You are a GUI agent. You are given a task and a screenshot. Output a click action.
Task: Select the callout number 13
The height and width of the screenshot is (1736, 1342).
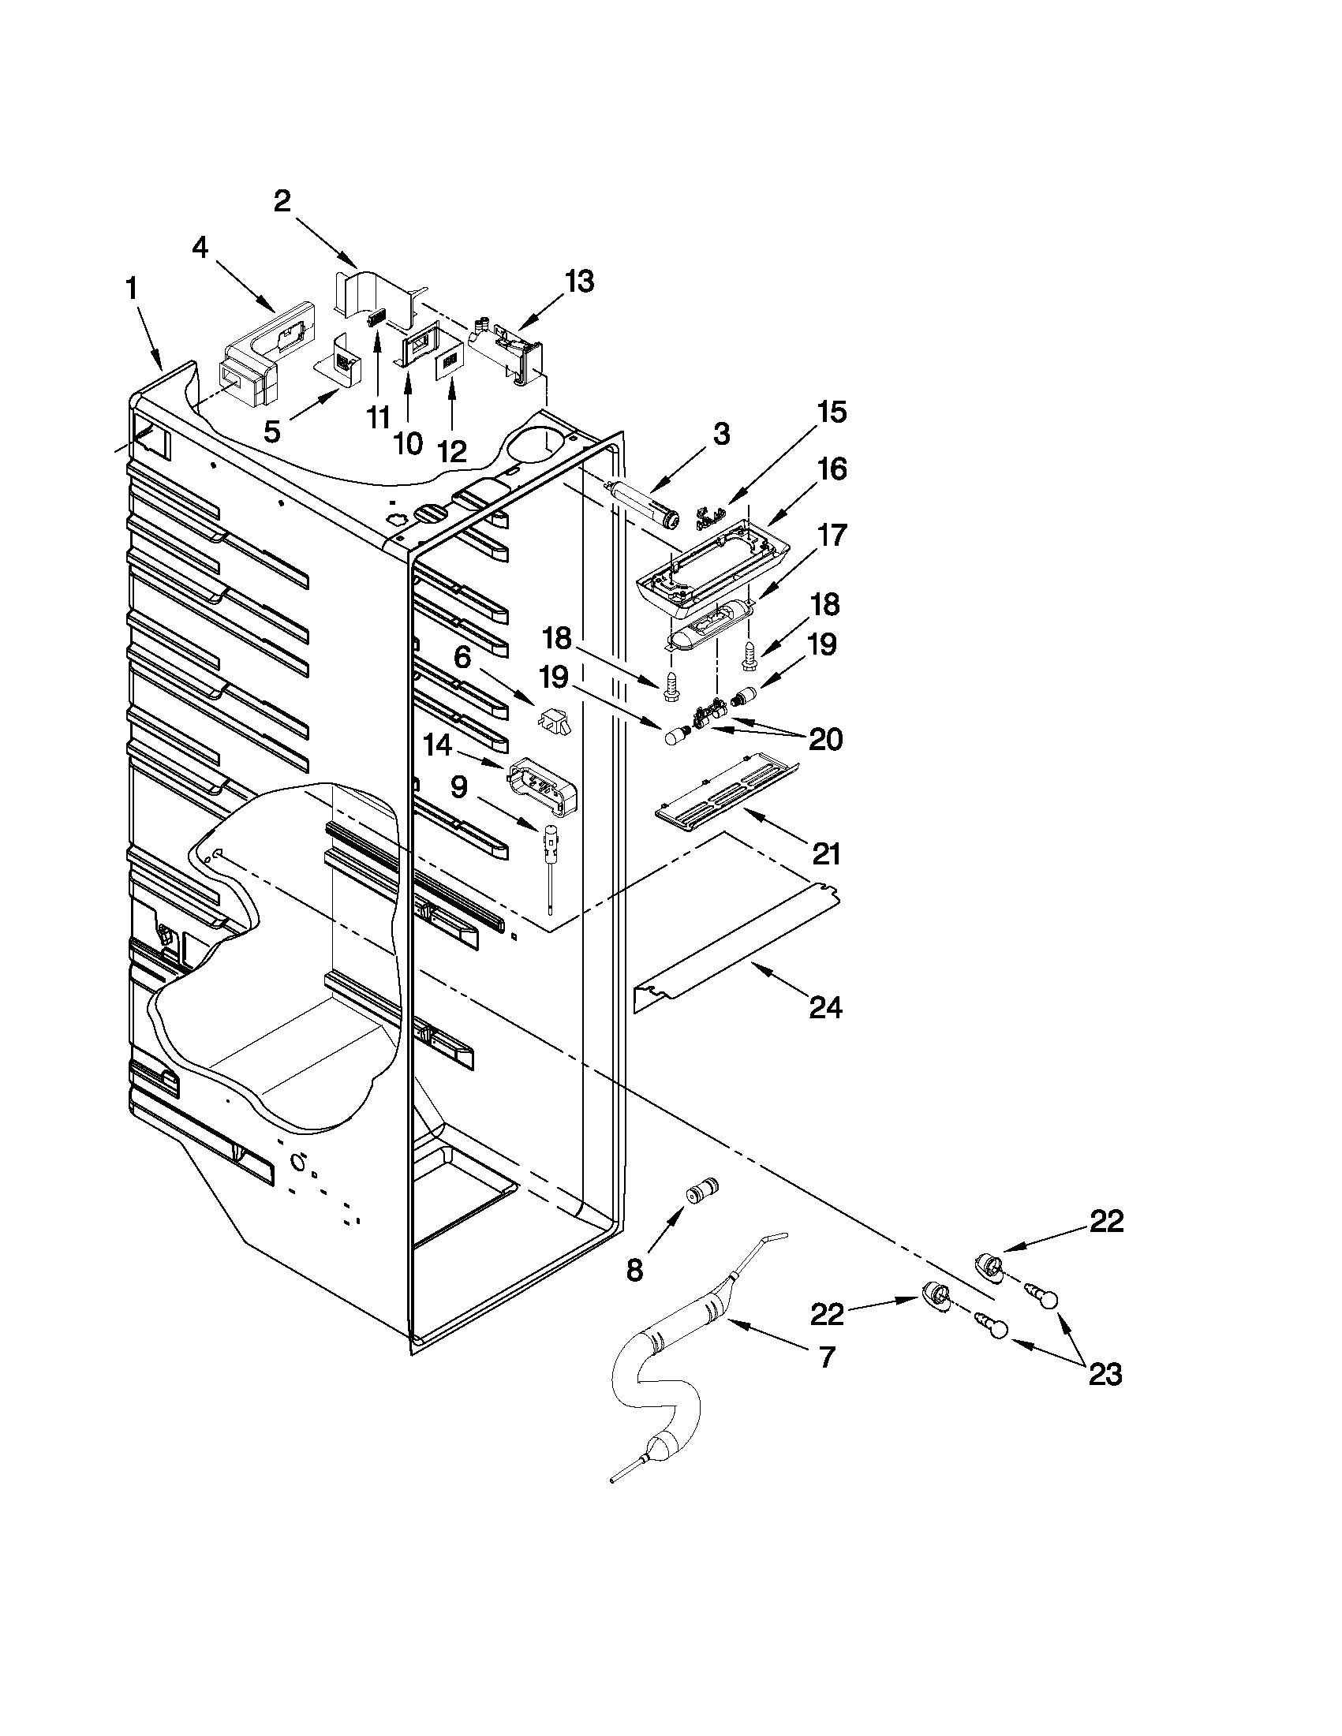point(579,282)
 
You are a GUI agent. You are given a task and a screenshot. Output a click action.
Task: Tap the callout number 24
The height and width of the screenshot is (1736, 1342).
point(824,1007)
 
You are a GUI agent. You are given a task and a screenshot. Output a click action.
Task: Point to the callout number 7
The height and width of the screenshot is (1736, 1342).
point(827,1357)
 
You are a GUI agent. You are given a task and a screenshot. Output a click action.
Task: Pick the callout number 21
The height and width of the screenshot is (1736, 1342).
point(825,853)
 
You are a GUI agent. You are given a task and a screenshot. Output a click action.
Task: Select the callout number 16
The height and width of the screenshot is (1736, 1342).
point(831,469)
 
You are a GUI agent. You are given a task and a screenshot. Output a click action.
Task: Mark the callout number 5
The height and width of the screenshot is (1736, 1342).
point(272,431)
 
